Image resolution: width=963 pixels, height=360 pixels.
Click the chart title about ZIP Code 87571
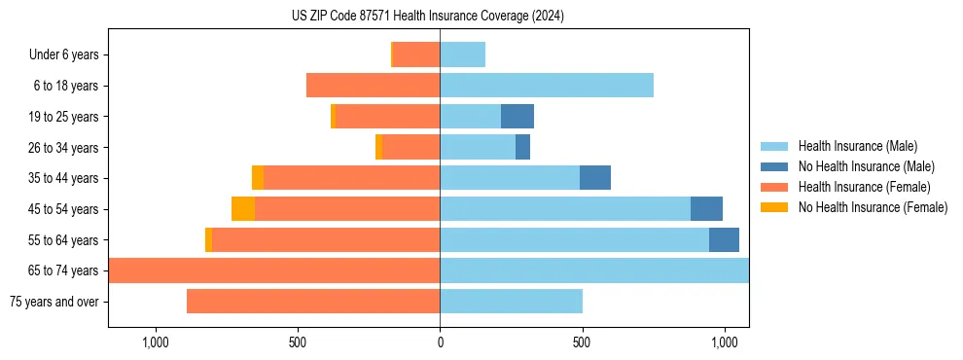coord(427,17)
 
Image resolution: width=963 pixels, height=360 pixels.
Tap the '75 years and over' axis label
coord(53,302)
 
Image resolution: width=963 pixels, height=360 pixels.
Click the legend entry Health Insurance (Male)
coord(857,146)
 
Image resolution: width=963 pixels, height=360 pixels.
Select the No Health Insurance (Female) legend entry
coord(873,207)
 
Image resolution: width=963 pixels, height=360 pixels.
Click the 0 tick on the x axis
coord(440,342)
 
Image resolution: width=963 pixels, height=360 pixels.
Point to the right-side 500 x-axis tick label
coord(582,342)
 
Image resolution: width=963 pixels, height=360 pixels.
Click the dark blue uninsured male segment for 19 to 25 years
coord(517,117)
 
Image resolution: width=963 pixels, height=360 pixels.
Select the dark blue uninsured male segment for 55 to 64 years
coord(724,240)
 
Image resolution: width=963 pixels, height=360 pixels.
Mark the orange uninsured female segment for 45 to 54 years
coord(243,209)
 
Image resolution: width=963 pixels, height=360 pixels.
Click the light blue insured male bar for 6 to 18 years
coord(547,86)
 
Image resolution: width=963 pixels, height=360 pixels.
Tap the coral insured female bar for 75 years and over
coord(313,302)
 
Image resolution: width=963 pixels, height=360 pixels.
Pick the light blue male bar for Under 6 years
coord(463,55)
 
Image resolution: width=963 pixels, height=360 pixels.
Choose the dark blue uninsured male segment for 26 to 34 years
coord(522,148)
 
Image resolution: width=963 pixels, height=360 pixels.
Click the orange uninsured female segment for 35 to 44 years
coord(258,178)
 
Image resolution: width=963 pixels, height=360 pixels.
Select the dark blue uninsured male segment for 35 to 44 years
coord(595,178)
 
